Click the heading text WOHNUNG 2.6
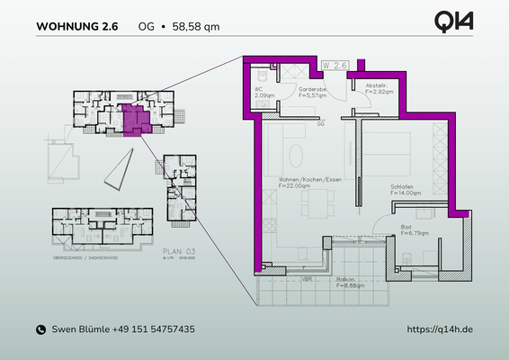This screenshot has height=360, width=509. point(76,26)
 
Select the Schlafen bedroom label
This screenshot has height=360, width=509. point(403,186)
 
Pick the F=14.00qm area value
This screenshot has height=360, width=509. point(406,193)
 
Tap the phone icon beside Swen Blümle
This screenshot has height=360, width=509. point(40,330)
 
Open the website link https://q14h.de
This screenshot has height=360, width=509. point(440,330)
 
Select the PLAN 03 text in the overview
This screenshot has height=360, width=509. point(178,255)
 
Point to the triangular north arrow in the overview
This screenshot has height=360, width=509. point(120,168)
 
